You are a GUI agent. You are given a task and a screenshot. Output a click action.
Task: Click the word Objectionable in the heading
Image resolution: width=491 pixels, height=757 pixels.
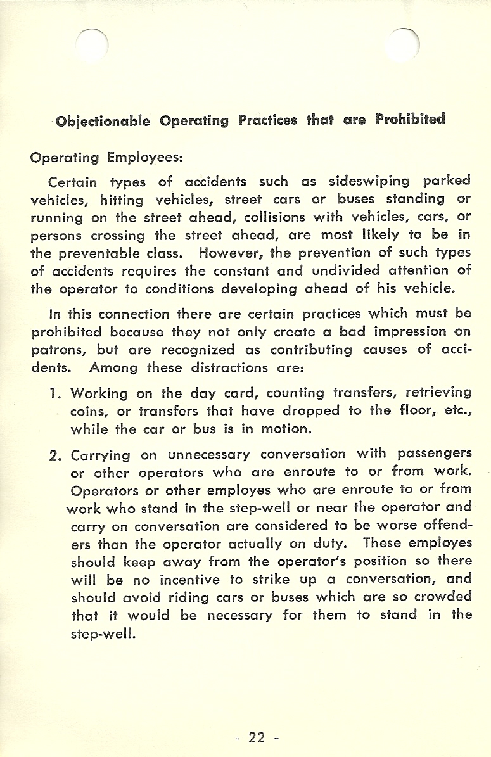[103, 120]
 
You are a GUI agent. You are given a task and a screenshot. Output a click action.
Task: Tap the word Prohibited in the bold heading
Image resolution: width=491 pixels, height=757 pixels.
[410, 118]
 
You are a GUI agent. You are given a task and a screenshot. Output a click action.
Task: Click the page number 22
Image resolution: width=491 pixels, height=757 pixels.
[257, 737]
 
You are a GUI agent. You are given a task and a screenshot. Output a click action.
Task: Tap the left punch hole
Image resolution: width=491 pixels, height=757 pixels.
[92, 47]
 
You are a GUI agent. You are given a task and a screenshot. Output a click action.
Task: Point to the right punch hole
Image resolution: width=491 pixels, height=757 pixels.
[404, 47]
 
